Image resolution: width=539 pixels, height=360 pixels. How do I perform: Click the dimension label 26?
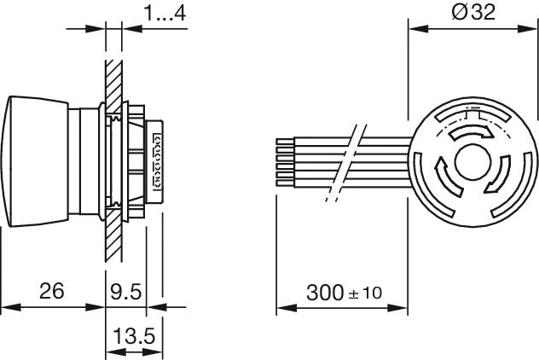[x=51, y=291]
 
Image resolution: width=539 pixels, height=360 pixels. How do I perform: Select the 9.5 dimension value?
[x=126, y=292]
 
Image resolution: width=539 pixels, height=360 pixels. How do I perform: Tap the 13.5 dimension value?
[x=134, y=335]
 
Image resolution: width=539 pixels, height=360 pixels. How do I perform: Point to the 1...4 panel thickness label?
[x=165, y=13]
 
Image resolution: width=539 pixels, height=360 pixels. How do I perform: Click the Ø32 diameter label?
[x=473, y=12]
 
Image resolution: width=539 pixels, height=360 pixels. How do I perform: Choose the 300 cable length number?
[x=325, y=293]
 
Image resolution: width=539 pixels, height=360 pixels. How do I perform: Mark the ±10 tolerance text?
[x=365, y=293]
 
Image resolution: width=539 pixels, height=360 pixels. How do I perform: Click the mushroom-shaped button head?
[x=34, y=161]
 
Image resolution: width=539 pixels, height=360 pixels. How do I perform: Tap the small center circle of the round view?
[x=472, y=162]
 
